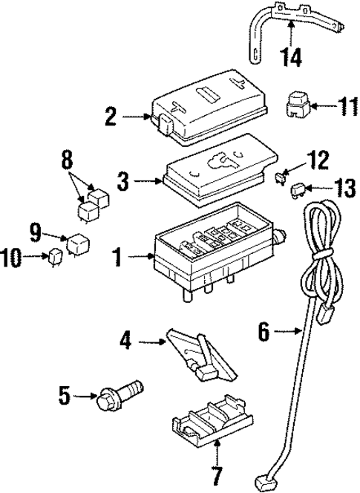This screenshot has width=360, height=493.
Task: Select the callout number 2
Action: click(111, 116)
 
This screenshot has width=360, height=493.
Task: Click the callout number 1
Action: click(117, 257)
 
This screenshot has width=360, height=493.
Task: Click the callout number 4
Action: click(126, 342)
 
